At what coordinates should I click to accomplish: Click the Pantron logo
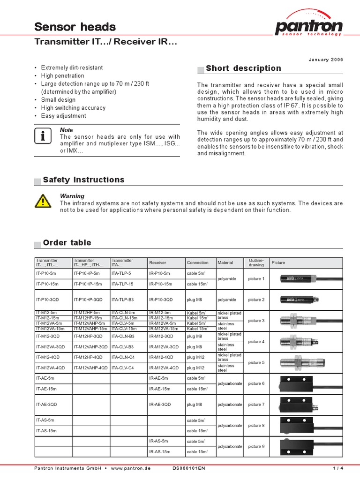(309, 23)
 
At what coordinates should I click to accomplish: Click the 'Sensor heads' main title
(75, 27)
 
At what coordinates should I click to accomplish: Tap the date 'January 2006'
(326, 60)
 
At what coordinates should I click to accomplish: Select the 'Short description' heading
(243, 68)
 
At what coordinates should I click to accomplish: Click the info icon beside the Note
(43, 136)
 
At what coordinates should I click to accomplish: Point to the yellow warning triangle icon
(43, 202)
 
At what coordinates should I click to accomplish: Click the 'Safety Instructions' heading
(83, 180)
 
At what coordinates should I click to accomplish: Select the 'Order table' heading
(67, 243)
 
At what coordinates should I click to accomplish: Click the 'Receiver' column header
(157, 263)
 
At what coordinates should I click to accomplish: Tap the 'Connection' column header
(198, 263)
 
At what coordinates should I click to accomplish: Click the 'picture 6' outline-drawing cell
(256, 383)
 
